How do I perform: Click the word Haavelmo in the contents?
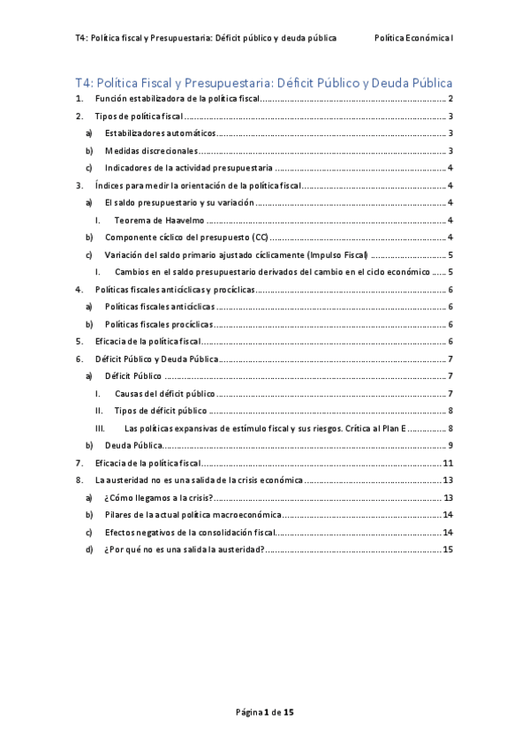coord(180,220)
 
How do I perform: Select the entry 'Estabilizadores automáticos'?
coord(160,133)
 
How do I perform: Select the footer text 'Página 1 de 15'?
coord(264,710)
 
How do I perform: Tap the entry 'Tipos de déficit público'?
coord(162,411)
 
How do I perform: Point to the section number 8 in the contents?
coord(79,480)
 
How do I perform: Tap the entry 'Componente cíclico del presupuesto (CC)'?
coord(186,238)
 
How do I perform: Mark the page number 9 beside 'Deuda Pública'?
coord(450,444)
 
